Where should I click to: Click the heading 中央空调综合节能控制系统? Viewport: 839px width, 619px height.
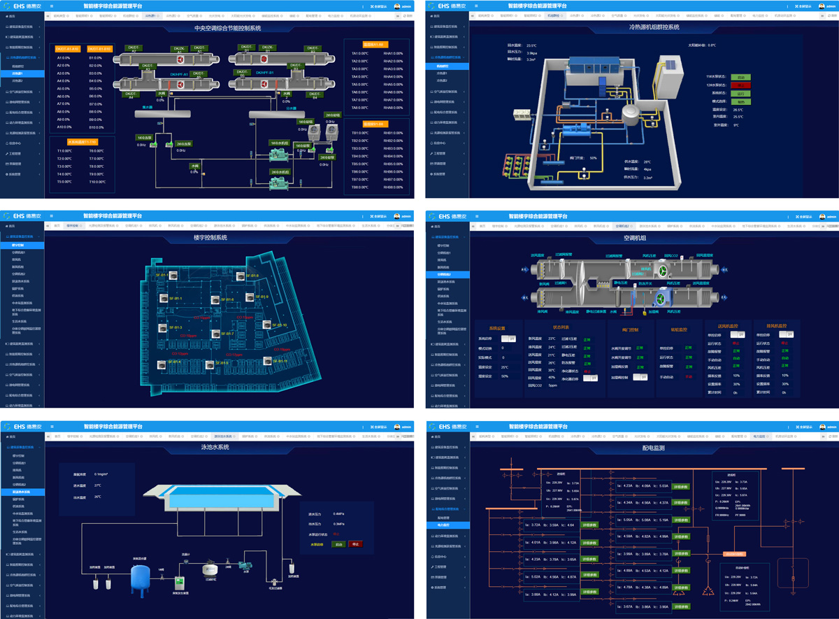pos(227,28)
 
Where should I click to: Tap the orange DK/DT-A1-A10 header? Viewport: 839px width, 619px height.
pos(68,49)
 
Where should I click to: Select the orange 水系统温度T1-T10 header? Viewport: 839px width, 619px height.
pos(73,141)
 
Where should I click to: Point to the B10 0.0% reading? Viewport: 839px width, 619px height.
pos(96,127)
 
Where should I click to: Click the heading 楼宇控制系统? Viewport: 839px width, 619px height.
pos(210,238)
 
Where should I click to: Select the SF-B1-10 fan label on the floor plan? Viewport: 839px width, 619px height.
pos(277,325)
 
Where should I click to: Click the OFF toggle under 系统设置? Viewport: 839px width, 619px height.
pos(510,338)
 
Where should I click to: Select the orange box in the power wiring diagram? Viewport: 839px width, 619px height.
pos(734,555)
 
